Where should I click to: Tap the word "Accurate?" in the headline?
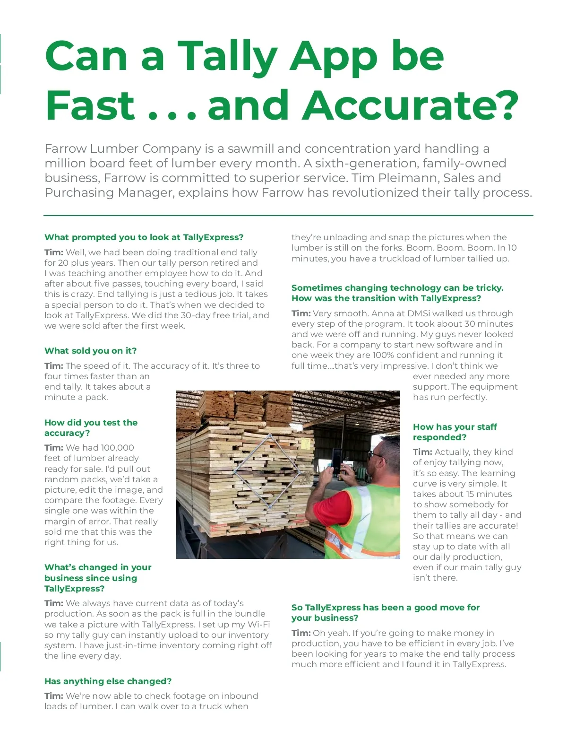(x=410, y=105)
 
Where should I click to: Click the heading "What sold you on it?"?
(x=90, y=351)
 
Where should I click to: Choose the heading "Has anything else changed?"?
(x=108, y=681)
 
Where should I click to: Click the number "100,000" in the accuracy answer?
(x=117, y=447)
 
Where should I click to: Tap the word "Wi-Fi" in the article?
(x=258, y=625)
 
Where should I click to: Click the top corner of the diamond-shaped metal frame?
(x=270, y=435)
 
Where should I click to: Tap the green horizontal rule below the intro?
(x=288, y=216)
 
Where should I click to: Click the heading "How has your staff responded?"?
(x=455, y=432)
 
